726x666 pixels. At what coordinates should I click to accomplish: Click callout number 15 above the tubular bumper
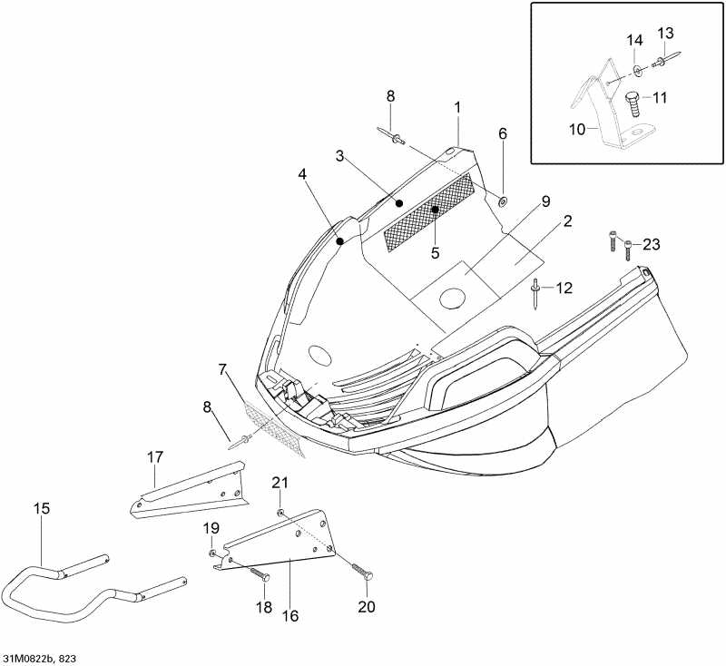[x=41, y=508]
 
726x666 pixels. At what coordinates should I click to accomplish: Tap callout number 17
[x=155, y=457]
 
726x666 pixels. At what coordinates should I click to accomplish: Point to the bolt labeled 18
[x=260, y=573]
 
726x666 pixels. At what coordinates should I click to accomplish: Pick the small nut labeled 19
[x=212, y=553]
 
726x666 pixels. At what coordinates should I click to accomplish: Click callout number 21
[x=280, y=483]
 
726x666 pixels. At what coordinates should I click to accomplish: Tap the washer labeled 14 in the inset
[x=638, y=70]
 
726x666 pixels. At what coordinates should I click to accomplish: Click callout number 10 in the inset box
[x=577, y=130]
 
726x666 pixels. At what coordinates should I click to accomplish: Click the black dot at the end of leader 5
[x=435, y=210]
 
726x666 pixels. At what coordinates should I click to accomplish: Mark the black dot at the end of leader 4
[x=339, y=240]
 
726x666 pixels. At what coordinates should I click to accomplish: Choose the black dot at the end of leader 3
[x=399, y=202]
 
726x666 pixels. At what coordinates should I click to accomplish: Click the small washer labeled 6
[x=503, y=201]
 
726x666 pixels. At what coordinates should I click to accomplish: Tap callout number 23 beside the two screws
[x=651, y=244]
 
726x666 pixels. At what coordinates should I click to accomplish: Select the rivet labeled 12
[x=535, y=294]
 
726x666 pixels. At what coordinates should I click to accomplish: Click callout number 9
[x=545, y=201]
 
